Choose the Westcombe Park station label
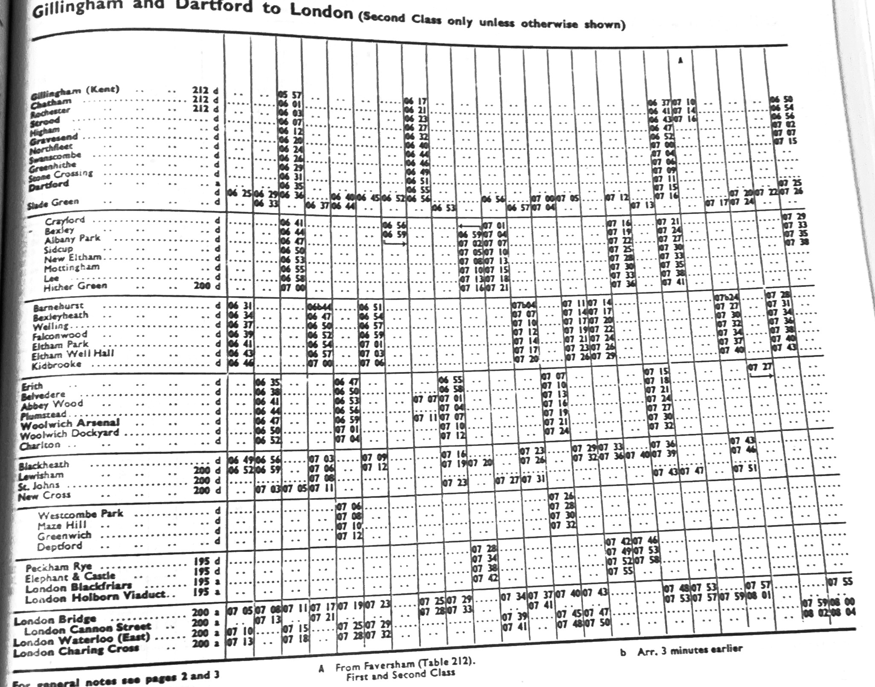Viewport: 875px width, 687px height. point(80,514)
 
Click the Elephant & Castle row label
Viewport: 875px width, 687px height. point(70,578)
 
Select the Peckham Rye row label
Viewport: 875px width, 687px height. point(58,568)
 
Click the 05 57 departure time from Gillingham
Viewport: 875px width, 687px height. point(290,95)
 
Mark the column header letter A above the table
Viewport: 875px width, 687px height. point(681,61)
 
